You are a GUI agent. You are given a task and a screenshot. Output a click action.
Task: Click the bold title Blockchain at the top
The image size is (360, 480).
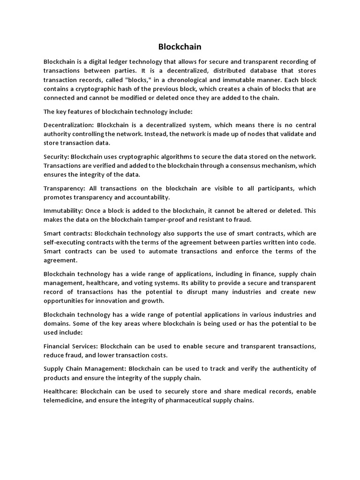coord(180,47)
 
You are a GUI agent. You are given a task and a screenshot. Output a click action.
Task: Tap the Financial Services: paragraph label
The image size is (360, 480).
coord(71,346)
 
